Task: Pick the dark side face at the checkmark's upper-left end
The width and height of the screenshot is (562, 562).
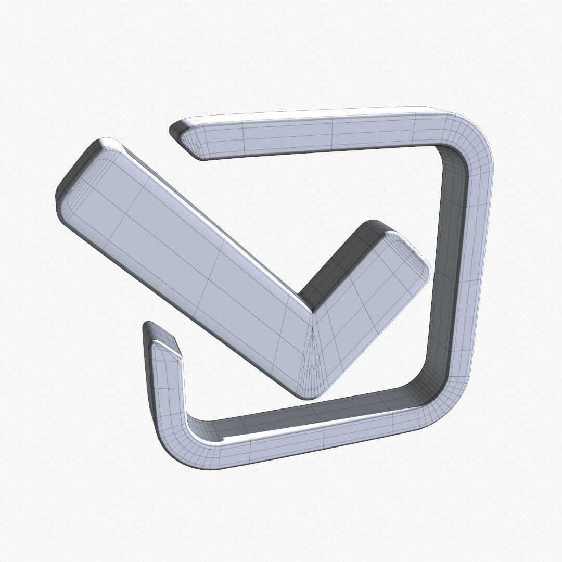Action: point(78,161)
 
